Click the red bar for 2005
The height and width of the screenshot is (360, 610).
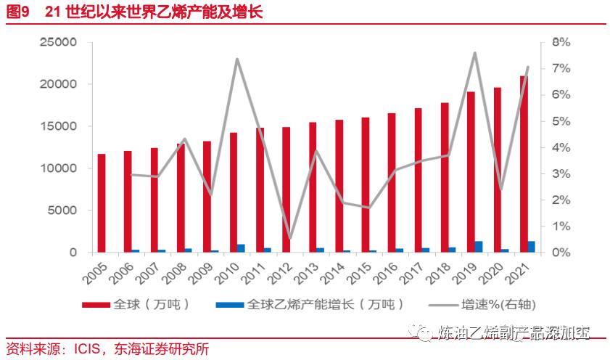click(x=102, y=203)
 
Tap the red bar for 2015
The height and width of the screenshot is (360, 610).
click(x=365, y=185)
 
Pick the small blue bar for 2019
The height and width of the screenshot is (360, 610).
click(x=479, y=247)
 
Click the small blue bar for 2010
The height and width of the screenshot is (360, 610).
click(x=241, y=248)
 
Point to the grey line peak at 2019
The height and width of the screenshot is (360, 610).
click(x=474, y=53)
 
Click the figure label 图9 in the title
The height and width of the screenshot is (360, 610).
click(x=17, y=12)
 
